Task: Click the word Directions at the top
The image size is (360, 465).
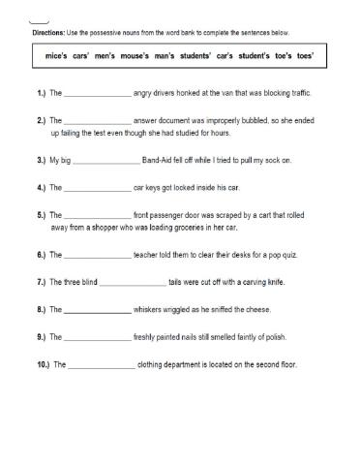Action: pyautogui.click(x=48, y=32)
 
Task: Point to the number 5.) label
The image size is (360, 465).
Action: pyautogui.click(x=41, y=213)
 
